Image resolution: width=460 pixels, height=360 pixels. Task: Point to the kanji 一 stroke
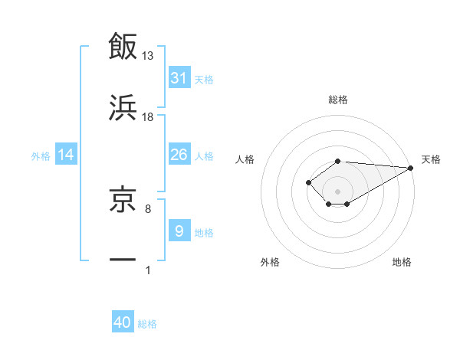click(123, 260)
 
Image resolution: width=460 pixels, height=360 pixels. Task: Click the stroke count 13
click(148, 55)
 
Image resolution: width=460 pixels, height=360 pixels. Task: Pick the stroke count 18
click(148, 116)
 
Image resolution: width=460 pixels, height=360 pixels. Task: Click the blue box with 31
click(179, 78)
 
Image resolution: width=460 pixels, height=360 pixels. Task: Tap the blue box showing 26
click(179, 155)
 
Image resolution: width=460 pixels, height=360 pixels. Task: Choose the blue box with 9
click(179, 231)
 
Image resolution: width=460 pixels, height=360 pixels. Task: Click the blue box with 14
click(66, 155)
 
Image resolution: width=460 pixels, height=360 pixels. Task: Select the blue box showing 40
click(123, 322)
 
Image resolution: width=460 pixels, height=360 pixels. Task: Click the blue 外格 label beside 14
click(41, 155)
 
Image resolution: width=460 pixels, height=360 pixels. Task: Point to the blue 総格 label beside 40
click(147, 323)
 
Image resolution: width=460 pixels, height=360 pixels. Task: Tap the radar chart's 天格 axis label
click(431, 159)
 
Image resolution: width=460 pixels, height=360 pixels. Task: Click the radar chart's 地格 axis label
click(402, 262)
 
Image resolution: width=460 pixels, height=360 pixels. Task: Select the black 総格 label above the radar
click(338, 100)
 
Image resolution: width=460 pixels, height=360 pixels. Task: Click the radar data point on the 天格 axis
click(412, 168)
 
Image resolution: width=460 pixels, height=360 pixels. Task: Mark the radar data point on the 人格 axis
click(308, 182)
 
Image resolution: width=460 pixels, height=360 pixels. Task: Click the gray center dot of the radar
click(338, 191)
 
